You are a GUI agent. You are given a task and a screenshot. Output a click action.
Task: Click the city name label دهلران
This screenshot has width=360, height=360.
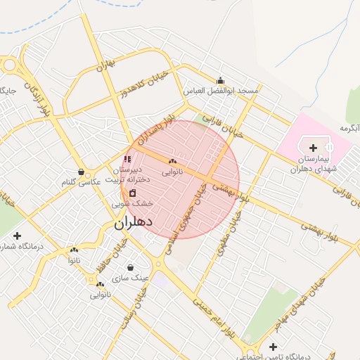133,224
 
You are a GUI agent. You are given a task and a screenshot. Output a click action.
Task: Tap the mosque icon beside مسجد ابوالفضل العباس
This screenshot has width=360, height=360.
221,80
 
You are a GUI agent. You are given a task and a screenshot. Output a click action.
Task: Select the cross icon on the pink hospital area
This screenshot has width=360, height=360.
313,147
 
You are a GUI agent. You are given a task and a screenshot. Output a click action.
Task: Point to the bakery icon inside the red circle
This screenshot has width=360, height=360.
172,161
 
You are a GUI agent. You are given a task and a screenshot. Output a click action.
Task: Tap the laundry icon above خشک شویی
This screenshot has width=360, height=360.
132,193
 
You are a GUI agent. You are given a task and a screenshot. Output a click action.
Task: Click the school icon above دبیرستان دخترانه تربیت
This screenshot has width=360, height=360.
127,159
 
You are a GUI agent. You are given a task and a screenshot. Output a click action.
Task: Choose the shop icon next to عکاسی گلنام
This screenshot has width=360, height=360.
82,172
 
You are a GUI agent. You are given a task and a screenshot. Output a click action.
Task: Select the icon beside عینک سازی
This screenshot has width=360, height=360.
131,267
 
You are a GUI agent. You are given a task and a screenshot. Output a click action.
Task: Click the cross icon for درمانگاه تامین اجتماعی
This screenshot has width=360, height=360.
273,347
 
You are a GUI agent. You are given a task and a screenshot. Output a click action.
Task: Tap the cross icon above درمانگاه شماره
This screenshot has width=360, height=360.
17,236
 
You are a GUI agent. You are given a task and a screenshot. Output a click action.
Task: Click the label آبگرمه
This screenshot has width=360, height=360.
349,128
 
